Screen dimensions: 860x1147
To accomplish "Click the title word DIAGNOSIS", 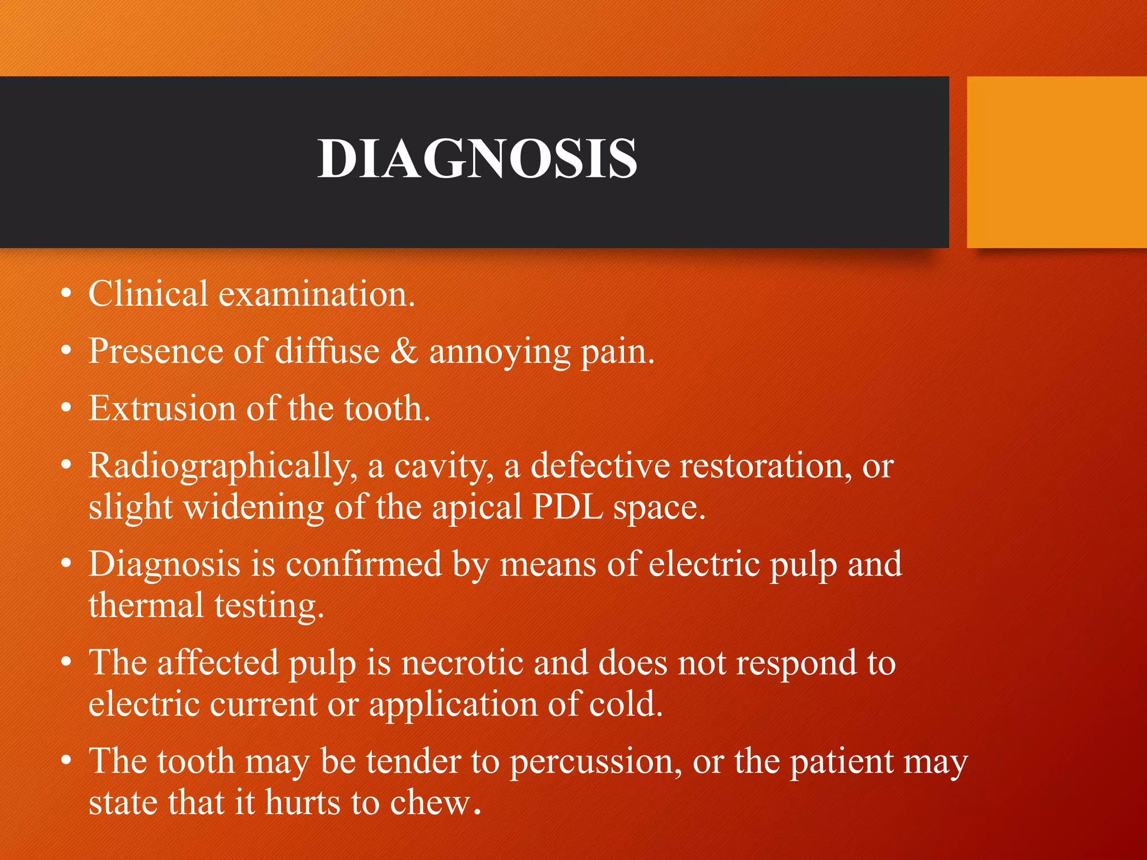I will (477, 160).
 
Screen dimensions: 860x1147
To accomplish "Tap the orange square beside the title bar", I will (1056, 162).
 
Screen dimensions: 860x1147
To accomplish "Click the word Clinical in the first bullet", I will (148, 293).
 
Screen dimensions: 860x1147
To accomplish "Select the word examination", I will (316, 293).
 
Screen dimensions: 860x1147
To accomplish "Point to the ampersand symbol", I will (404, 351).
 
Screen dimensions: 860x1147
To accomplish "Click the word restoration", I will (762, 465).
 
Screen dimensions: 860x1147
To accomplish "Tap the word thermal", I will (146, 606).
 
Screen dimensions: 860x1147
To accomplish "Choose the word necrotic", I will (461, 663).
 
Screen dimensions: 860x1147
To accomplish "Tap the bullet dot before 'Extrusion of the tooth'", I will (67, 409).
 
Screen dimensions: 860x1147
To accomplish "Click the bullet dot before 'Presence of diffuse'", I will (67, 352).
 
